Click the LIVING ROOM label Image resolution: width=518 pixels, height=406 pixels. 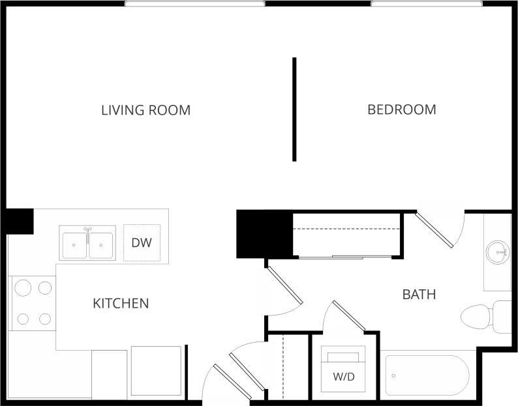tap(145, 110)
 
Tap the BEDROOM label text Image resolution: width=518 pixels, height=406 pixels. tap(402, 109)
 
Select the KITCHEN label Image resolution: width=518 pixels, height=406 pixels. tap(121, 303)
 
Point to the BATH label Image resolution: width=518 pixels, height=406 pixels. tap(419, 295)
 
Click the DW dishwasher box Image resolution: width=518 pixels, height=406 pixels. tap(142, 243)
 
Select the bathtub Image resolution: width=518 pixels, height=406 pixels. tap(427, 376)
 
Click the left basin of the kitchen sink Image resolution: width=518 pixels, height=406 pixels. tap(74, 244)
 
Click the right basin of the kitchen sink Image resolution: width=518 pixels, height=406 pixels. tap(102, 244)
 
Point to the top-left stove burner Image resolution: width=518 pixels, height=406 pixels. tap(22, 287)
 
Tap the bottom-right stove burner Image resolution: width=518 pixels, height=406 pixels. tap(44, 319)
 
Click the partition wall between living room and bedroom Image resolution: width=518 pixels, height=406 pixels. tap(294, 109)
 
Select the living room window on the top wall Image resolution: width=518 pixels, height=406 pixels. tap(194, 4)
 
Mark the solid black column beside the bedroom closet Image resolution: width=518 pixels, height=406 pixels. tap(264, 234)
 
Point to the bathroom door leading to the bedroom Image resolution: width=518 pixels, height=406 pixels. tap(436, 229)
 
